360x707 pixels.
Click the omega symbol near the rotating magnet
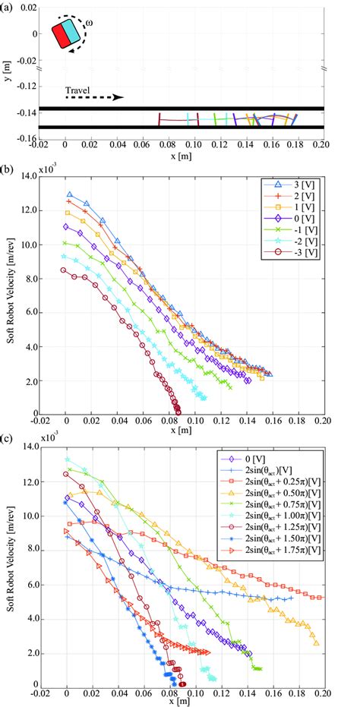[90, 24]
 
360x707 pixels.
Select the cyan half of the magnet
[72, 31]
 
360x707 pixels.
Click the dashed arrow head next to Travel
[120, 97]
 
